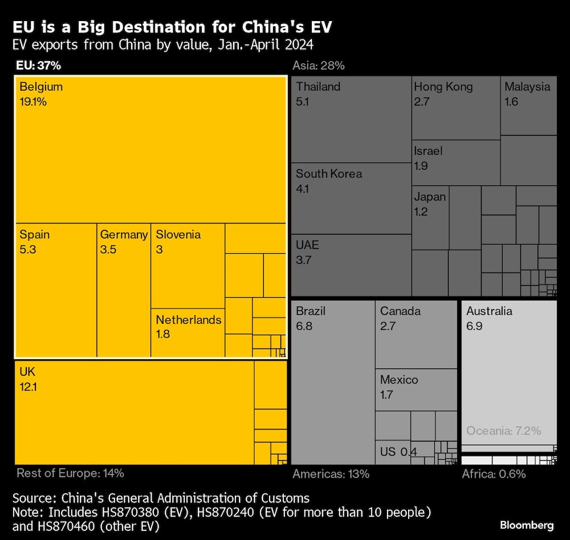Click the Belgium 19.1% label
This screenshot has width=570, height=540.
(41, 95)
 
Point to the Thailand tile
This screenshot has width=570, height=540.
(351, 119)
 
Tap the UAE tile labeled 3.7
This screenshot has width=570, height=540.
(351, 265)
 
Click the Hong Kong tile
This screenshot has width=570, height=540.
(455, 108)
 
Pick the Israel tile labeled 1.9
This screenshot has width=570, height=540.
(455, 162)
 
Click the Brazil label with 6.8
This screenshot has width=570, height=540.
(332, 382)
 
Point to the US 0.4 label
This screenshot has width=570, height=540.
(398, 452)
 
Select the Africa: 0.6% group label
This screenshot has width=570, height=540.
(494, 474)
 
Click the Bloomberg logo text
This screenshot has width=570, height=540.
(526, 525)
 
